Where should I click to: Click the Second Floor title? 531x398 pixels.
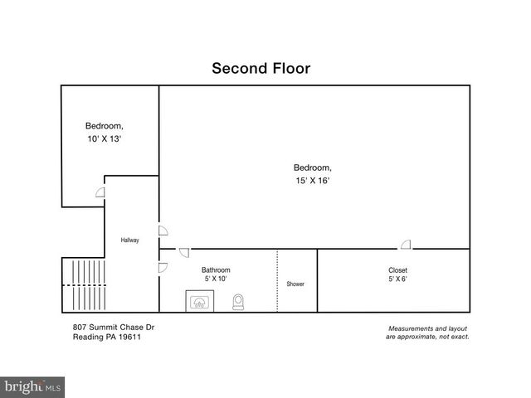261,68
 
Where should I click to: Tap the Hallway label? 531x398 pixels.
129,240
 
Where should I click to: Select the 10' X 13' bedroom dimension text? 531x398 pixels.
104,139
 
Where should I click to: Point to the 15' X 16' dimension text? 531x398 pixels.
313,180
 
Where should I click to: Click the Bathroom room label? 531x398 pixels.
216,270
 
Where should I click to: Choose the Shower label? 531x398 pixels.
295,284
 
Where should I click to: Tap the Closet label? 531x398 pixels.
397,270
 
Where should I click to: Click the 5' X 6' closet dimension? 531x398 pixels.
397,280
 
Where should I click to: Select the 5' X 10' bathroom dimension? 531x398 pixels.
216,280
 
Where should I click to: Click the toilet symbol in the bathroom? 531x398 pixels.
239,301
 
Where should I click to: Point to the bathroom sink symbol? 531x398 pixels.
199,302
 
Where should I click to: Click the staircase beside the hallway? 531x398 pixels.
82,284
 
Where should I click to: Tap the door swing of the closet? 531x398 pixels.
406,244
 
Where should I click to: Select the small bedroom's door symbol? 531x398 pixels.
100,192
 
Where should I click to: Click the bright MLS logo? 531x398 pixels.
32,386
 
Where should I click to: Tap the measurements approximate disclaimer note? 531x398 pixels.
427,332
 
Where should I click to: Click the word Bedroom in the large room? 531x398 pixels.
313,167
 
